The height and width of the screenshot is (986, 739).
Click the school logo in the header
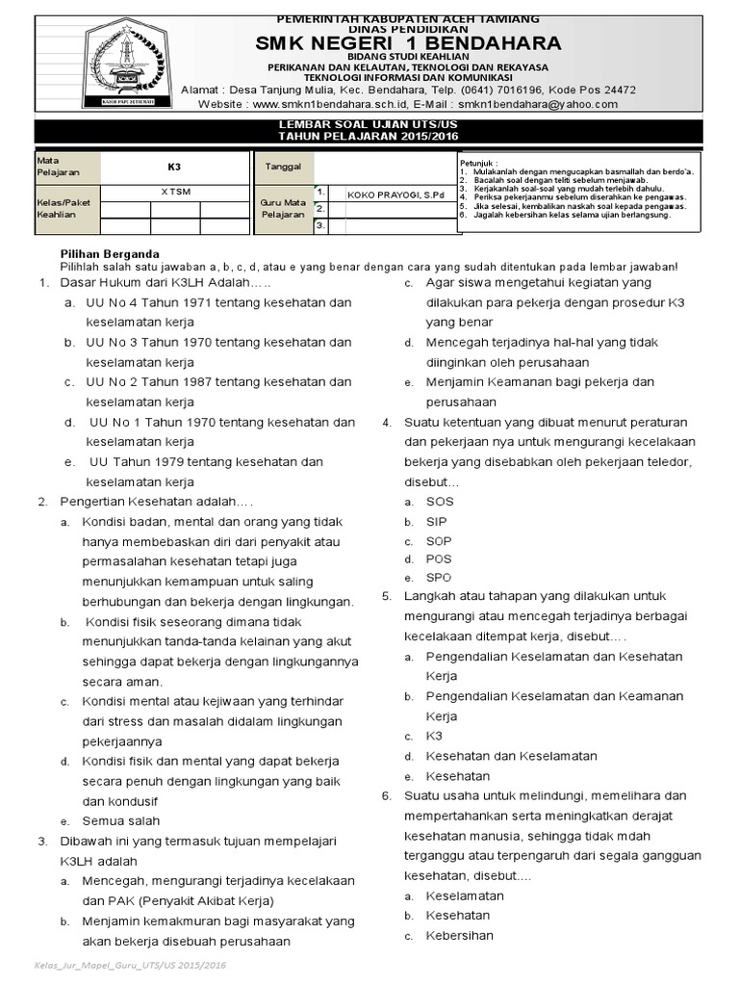tap(116, 64)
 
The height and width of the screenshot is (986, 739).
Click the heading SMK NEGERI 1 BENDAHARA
tap(407, 42)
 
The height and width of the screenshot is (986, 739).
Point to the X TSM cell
tap(175, 191)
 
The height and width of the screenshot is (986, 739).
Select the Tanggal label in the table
tap(283, 167)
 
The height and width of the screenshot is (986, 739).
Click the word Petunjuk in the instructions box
tap(478, 164)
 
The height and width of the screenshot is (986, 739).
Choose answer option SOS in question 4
tap(439, 502)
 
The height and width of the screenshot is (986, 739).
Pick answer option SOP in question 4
tap(439, 541)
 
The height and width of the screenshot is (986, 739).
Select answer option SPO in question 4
tap(439, 578)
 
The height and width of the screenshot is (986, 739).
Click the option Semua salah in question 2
tap(121, 821)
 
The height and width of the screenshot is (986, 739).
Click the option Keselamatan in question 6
tap(465, 895)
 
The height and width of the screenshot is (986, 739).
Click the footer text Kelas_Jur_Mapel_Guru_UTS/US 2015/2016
tap(130, 965)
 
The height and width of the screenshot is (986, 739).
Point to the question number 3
tap(43, 842)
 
